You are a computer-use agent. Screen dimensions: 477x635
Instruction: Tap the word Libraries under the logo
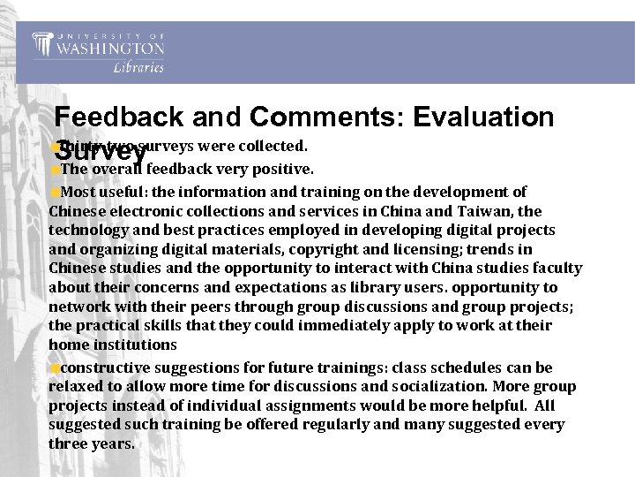point(138,68)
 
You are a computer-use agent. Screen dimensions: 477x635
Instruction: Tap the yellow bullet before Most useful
point(55,193)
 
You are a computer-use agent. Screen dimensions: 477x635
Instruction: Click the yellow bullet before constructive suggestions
point(55,367)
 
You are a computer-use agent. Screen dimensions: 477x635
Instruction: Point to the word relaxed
point(78,386)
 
